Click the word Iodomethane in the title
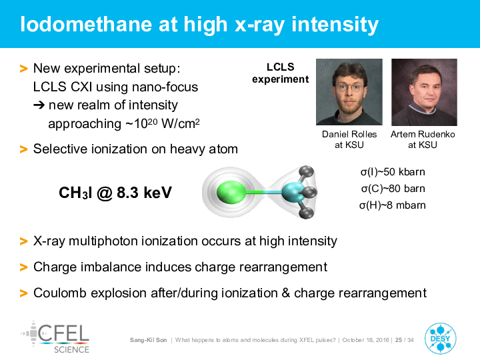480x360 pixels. (x=86, y=24)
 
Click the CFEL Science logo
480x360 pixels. (x=55, y=337)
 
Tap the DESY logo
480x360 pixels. (x=440, y=339)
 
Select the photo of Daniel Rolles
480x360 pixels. (x=349, y=92)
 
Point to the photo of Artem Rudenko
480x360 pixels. (x=424, y=92)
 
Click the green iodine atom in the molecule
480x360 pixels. (x=231, y=192)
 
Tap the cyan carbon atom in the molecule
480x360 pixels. (x=293, y=192)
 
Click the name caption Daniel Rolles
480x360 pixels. (x=349, y=134)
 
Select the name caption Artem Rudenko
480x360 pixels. (x=423, y=134)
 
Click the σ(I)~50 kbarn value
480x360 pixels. (x=393, y=172)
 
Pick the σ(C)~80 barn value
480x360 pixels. (x=393, y=189)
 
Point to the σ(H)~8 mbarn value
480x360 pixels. (x=393, y=205)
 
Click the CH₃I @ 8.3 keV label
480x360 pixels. (x=115, y=193)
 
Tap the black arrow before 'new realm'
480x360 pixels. (x=39, y=105)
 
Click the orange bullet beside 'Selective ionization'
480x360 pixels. (x=23, y=149)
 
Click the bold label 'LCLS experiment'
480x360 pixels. (x=281, y=73)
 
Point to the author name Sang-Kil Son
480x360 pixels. (x=149, y=340)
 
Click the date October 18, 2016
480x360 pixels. (x=366, y=340)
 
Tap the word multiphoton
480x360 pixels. (x=103, y=241)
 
